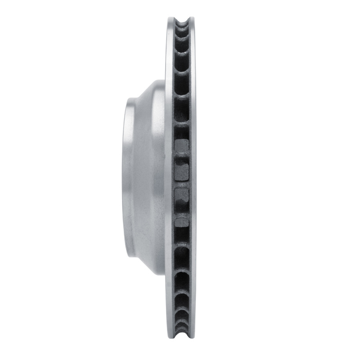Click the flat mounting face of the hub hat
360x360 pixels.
127,180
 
